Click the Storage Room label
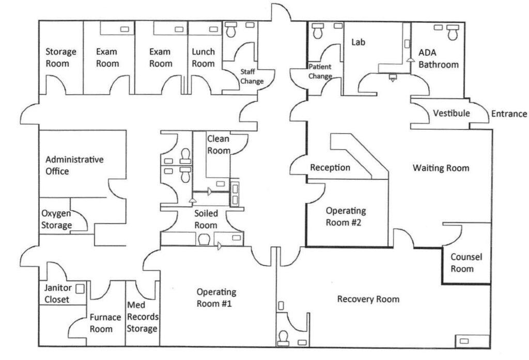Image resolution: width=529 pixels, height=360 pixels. pyautogui.click(x=61, y=57)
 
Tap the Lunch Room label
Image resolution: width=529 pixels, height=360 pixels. pyautogui.click(x=203, y=57)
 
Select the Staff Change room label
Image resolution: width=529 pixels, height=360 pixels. pyautogui.click(x=252, y=76)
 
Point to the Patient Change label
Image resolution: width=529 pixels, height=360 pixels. pyautogui.click(x=320, y=71)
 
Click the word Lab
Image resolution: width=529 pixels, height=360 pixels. pyautogui.click(x=358, y=42)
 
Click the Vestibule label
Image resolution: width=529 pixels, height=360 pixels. pyautogui.click(x=451, y=113)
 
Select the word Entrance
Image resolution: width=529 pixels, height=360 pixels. pyautogui.click(x=508, y=114)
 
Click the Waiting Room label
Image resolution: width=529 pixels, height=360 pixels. pyautogui.click(x=441, y=168)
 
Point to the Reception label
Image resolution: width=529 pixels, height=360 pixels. pyautogui.click(x=330, y=168)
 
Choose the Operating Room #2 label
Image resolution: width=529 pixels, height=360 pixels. pyautogui.click(x=346, y=216)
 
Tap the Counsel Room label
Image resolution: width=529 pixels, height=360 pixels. pyautogui.click(x=462, y=262)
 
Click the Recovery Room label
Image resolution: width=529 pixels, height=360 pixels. pyautogui.click(x=368, y=299)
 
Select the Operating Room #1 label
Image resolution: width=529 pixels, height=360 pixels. pyautogui.click(x=216, y=298)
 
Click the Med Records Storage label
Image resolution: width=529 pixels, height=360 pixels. pyautogui.click(x=143, y=317)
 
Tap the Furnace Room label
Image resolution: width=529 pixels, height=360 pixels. pyautogui.click(x=102, y=323)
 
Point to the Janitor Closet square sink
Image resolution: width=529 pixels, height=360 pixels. pyautogui.click(x=80, y=289)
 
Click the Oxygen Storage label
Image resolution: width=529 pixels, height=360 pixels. pyautogui.click(x=56, y=220)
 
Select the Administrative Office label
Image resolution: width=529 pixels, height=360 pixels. pyautogui.click(x=74, y=165)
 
